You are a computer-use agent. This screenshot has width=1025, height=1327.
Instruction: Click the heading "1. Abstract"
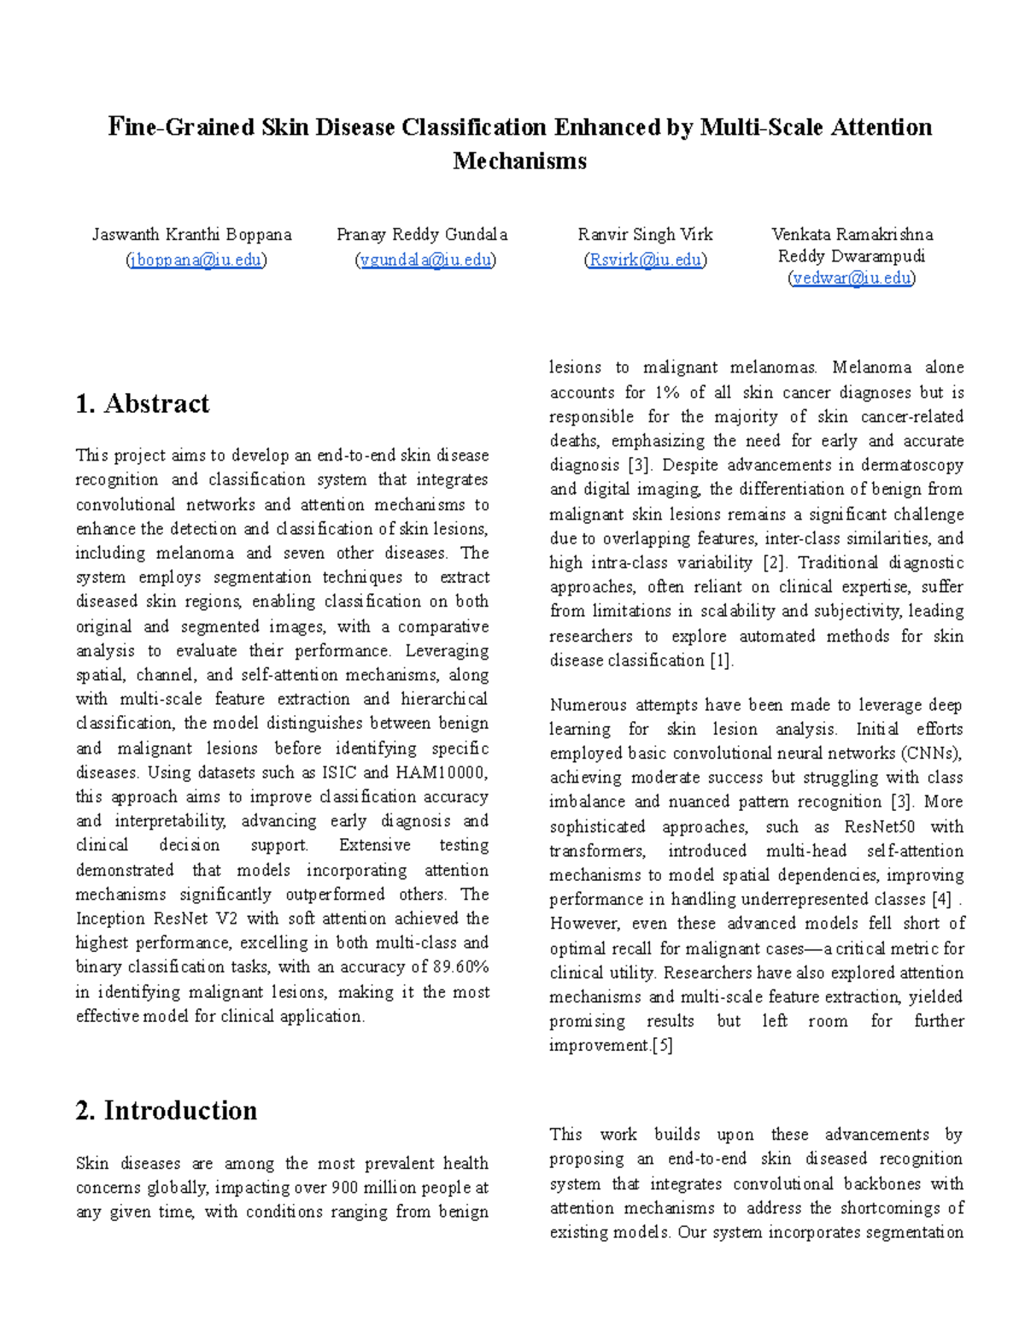click(142, 403)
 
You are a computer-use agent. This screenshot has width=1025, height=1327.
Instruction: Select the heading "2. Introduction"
click(166, 1110)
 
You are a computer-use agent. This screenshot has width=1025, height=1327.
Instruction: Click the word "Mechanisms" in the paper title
click(519, 161)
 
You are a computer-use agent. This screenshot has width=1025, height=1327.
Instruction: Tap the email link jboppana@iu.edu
click(196, 260)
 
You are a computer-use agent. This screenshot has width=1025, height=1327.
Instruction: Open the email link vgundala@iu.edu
click(425, 260)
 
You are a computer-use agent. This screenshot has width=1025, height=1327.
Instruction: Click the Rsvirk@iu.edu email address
click(645, 260)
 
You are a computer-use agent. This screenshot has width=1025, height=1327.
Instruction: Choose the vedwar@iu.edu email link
click(851, 278)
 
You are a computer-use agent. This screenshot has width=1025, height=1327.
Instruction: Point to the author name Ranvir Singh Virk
click(645, 234)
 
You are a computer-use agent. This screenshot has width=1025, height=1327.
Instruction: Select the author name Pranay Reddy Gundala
click(422, 234)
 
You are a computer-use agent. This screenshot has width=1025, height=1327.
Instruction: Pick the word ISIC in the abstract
click(339, 772)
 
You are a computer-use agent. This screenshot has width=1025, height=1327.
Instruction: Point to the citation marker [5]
click(662, 1046)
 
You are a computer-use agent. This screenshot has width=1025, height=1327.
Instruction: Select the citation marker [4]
click(941, 900)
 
